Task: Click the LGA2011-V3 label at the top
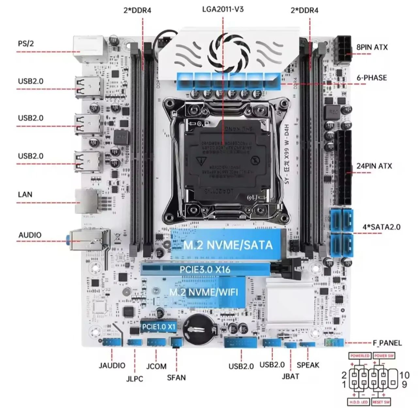(x=223, y=9)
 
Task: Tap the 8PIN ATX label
(x=372, y=47)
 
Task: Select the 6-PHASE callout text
(x=371, y=78)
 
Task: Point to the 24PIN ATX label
(x=374, y=166)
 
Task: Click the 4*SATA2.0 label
(x=381, y=227)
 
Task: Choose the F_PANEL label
(x=387, y=343)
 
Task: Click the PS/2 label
(x=26, y=43)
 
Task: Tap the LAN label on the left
(x=25, y=194)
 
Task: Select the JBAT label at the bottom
(x=290, y=376)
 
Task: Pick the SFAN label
(x=176, y=378)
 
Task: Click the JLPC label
(x=135, y=379)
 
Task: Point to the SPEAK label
(x=308, y=365)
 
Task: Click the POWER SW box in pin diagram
(x=384, y=356)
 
